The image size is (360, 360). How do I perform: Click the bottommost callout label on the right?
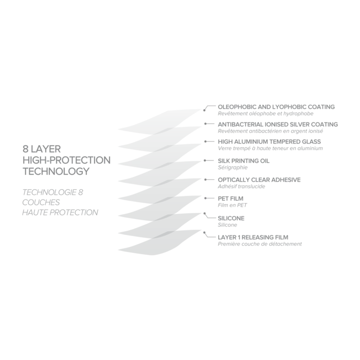pos(260,241)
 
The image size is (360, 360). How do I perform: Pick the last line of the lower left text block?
pos(59,212)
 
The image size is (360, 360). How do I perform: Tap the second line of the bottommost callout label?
pos(260,244)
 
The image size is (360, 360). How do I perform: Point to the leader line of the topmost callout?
pos(208,106)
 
